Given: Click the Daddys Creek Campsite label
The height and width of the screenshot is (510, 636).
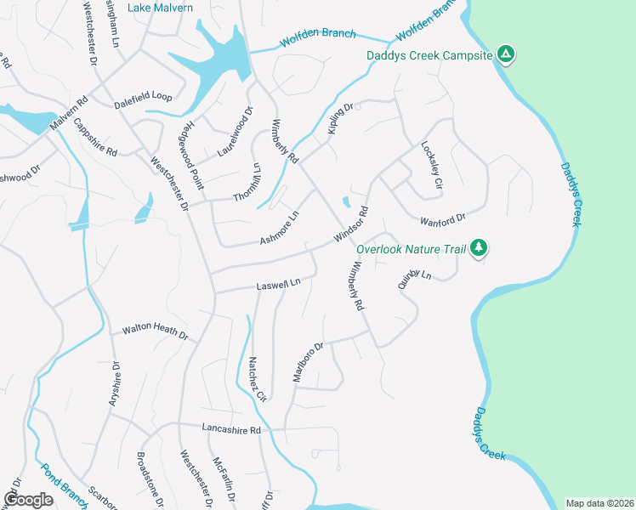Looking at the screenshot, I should [429, 56].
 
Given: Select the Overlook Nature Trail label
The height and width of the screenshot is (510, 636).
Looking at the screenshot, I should [412, 250].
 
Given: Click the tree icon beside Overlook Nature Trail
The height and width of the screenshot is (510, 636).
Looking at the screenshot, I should [479, 247].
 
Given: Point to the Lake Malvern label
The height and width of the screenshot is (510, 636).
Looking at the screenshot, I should [160, 8].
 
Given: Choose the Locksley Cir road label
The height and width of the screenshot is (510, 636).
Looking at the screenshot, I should [432, 165].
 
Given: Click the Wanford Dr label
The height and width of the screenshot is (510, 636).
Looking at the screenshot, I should [443, 220].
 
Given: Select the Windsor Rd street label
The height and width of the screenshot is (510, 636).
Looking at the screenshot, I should [350, 223].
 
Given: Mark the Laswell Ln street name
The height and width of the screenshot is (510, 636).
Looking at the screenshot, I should [279, 284].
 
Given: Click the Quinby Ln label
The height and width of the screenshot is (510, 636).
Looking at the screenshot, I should [415, 280].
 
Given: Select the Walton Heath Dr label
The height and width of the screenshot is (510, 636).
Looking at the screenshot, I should [154, 331].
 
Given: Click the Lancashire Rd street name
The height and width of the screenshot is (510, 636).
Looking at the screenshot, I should [230, 429].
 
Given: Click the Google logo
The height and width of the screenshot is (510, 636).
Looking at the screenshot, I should [28, 500].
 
